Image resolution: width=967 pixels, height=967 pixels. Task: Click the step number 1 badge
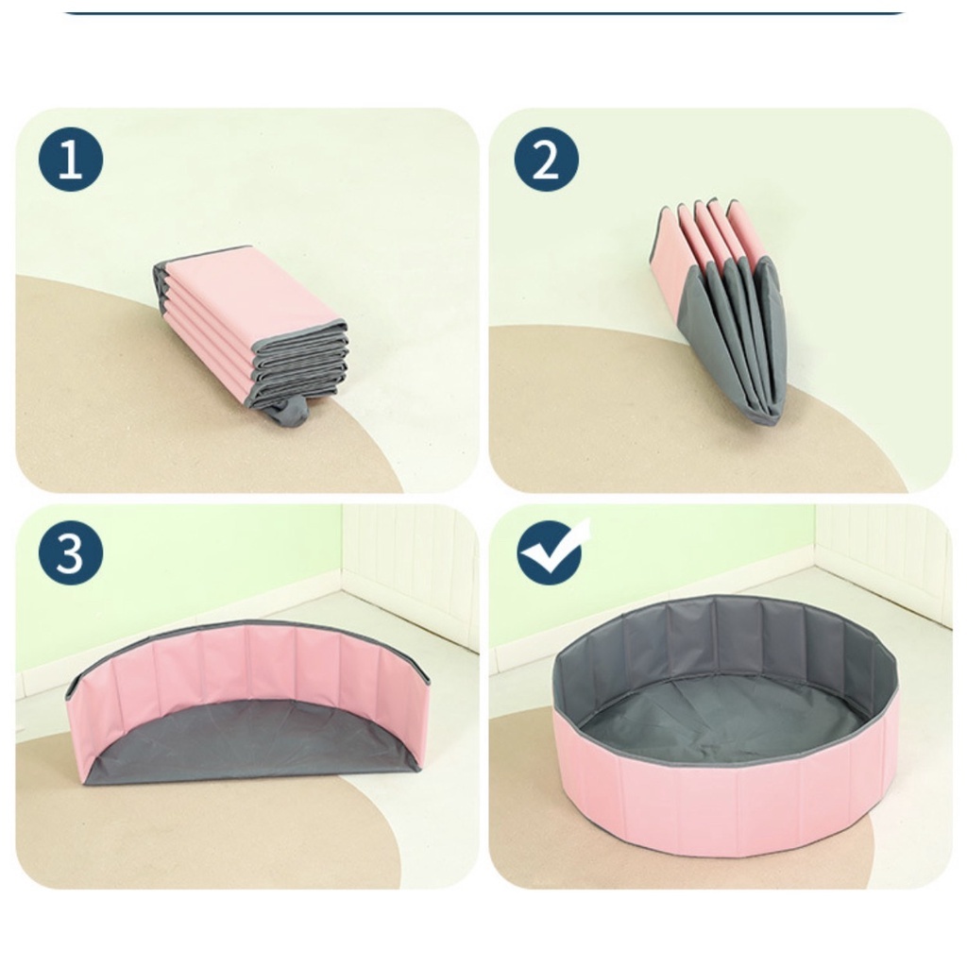[71, 159]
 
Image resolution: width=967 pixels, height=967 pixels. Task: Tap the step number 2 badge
[547, 159]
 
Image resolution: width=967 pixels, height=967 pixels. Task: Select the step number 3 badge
[71, 552]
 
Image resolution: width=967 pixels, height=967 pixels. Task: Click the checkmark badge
[551, 551]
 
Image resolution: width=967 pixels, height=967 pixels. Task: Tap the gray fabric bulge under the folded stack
[290, 410]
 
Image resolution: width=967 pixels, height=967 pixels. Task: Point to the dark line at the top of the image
[484, 12]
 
